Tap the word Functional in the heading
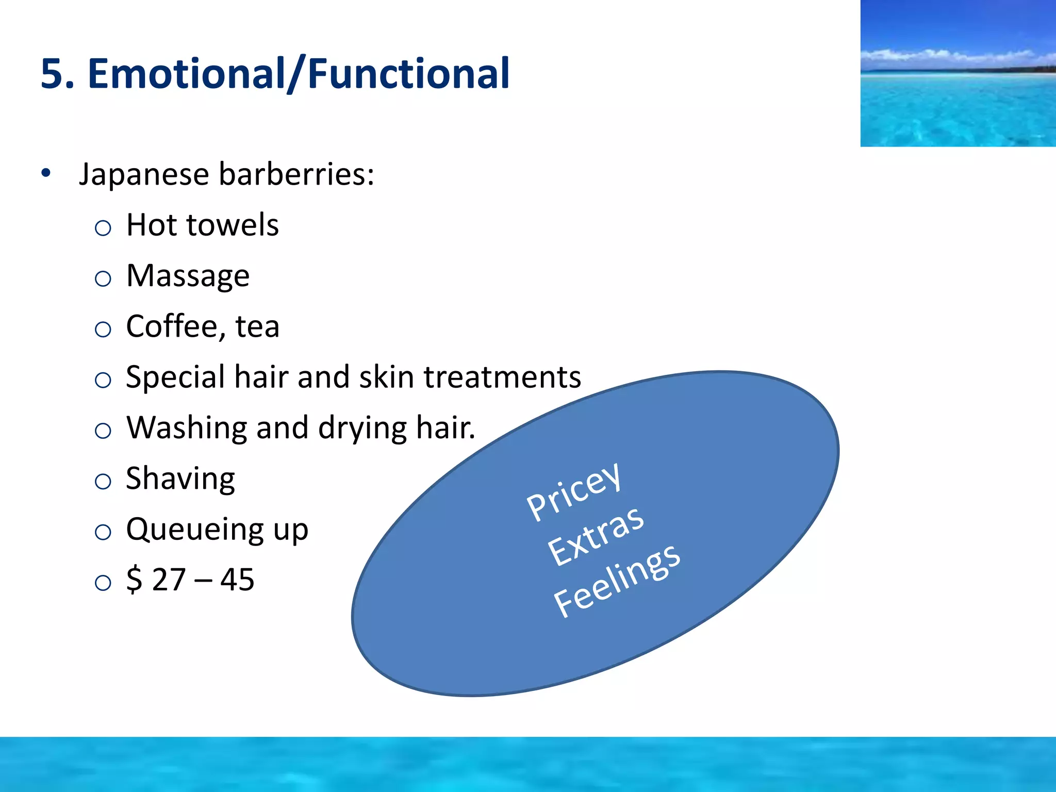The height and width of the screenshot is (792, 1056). click(408, 74)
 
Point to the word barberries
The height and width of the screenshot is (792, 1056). click(296, 174)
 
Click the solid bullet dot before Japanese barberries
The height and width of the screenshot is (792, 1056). click(46, 173)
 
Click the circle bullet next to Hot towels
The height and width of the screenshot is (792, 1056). click(103, 228)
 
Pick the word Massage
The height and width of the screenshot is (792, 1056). click(188, 276)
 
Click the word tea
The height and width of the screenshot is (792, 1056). click(257, 327)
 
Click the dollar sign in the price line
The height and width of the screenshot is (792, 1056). click(134, 580)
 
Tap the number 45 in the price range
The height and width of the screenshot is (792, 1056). click(237, 580)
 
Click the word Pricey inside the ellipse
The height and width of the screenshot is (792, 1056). click(573, 491)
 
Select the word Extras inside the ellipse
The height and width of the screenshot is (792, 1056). click(596, 536)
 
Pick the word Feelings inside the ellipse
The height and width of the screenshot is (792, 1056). click(617, 581)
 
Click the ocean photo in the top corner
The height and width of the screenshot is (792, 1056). click(958, 73)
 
